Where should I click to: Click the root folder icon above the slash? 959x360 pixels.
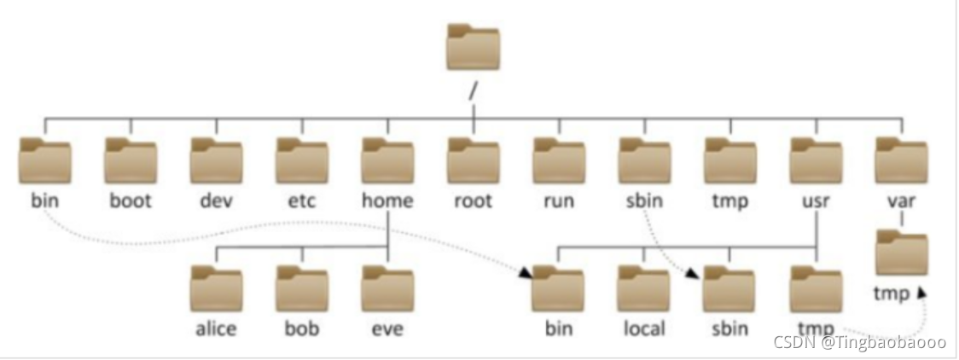tap(474, 47)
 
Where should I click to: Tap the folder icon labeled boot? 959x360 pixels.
tap(131, 160)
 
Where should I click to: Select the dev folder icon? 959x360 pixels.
tap(217, 160)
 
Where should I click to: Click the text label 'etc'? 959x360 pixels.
tap(302, 200)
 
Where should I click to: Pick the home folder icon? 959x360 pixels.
tap(387, 160)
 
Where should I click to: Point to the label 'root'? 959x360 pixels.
tap(474, 200)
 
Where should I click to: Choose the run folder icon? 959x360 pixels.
tap(559, 160)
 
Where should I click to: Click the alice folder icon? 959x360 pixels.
tap(217, 288)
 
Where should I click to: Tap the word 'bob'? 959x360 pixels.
tap(302, 328)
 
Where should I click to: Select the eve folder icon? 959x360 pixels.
tap(387, 288)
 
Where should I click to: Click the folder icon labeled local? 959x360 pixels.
tap(644, 288)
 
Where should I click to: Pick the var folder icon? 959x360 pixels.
tap(902, 160)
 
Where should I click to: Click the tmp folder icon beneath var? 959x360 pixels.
tap(902, 253)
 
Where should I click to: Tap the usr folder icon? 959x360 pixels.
tap(816, 160)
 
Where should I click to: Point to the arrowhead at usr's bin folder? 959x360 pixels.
tap(526, 274)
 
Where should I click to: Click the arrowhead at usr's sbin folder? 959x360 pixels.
tap(692, 274)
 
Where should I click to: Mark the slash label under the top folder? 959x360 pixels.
tap(473, 91)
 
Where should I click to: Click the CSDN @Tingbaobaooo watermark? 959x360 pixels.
tap(860, 342)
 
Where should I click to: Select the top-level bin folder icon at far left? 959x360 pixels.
tap(45, 160)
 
